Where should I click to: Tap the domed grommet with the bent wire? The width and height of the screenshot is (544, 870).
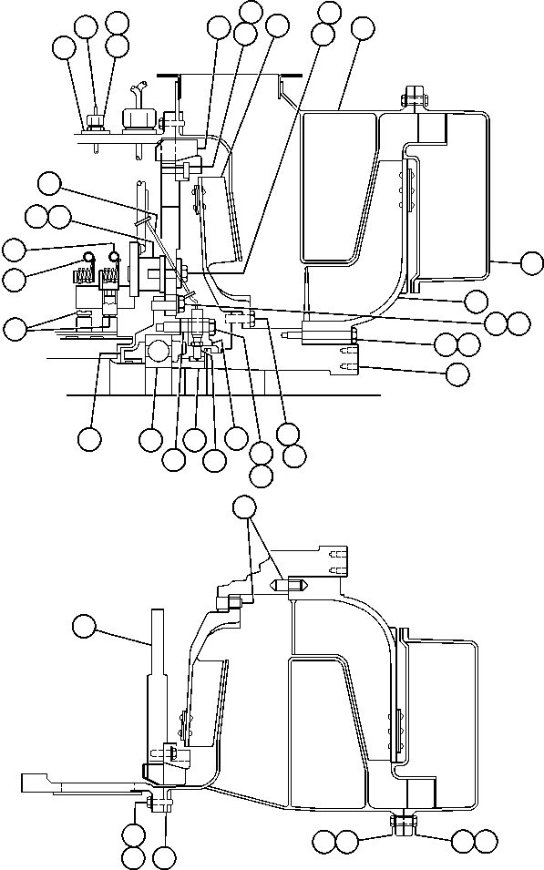[x=134, y=119]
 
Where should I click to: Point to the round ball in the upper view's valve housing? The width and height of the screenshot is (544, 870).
[x=157, y=350]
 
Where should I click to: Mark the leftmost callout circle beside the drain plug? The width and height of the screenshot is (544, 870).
[x=323, y=839]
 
